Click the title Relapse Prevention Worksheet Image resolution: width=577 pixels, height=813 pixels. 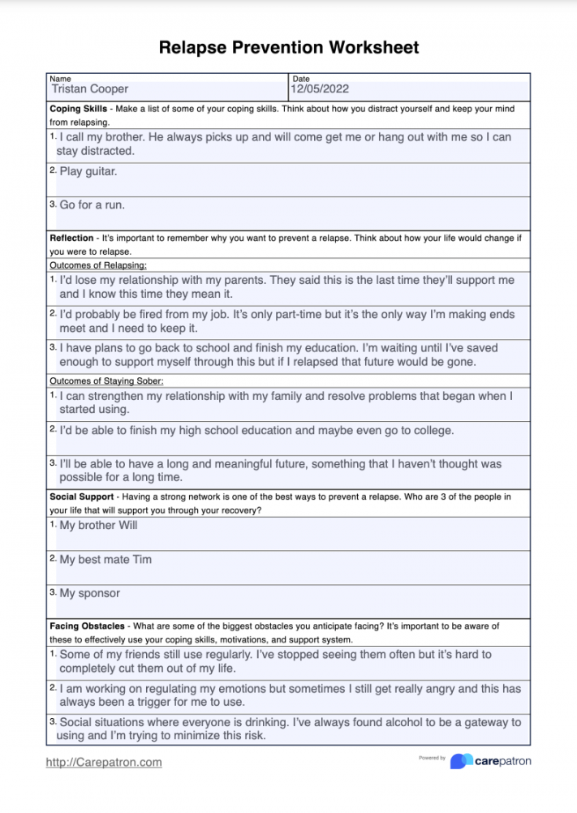[289, 47]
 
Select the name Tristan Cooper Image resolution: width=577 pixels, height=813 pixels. [90, 89]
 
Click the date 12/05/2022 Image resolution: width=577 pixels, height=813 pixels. [320, 89]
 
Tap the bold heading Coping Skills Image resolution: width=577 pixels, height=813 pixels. [77, 108]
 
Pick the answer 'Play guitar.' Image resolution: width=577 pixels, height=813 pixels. [88, 171]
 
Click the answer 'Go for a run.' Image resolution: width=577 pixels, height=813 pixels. [93, 205]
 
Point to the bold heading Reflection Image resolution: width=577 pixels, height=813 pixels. [71, 239]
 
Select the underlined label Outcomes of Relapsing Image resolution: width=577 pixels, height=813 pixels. [98, 265]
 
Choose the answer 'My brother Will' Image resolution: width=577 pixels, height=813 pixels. [98, 525]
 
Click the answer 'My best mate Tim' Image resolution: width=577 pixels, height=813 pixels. [105, 559]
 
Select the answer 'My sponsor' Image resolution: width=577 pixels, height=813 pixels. [90, 593]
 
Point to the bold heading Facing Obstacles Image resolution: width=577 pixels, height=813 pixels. [87, 626]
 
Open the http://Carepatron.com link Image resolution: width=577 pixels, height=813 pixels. [104, 762]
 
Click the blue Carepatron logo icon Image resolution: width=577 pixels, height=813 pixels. [462, 761]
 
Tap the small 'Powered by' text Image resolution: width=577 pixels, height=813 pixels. [432, 758]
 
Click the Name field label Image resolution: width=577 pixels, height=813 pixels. [60, 79]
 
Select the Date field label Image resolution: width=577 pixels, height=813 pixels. [300, 79]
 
